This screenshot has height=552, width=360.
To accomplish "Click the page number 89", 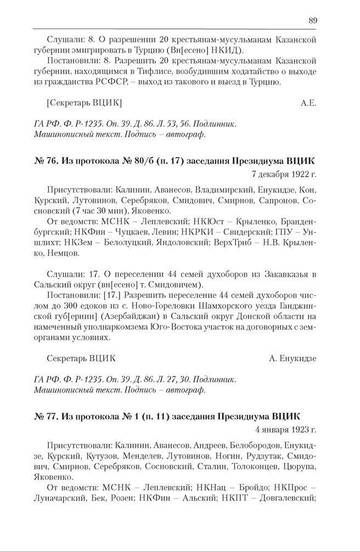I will (x=312, y=20).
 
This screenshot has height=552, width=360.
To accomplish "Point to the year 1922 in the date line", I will (x=299, y=175).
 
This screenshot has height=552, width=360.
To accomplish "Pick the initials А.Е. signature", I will (x=309, y=103).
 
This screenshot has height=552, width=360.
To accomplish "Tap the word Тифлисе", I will (x=160, y=72).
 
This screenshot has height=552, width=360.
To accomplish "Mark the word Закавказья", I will (x=277, y=274).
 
